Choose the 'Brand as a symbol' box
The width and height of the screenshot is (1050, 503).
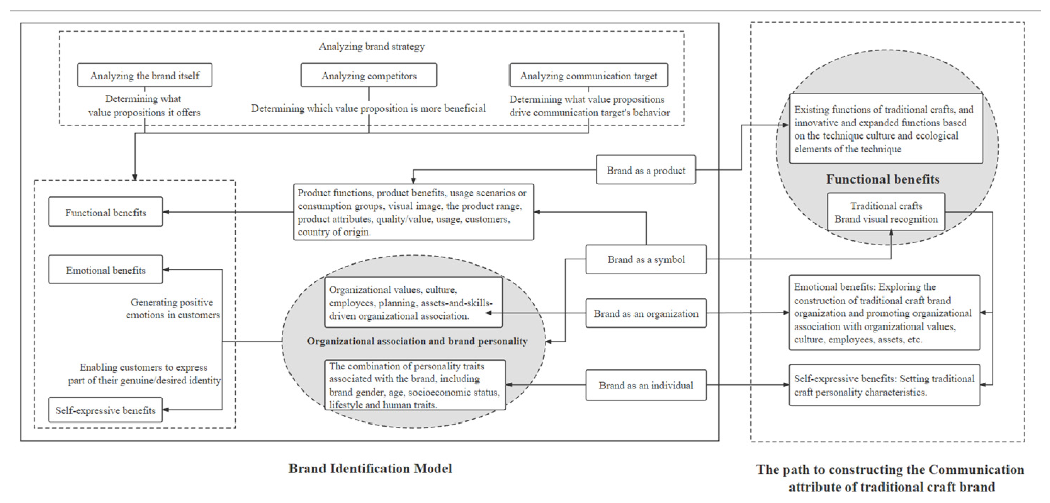click(646, 259)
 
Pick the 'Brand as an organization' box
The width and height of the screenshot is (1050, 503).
click(646, 314)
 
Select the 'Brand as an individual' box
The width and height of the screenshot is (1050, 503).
click(646, 385)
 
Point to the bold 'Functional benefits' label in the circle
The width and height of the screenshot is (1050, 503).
click(883, 179)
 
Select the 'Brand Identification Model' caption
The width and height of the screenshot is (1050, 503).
click(370, 468)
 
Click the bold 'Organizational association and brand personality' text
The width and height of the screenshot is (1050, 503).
click(417, 341)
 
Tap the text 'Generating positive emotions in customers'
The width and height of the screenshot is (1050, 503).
click(172, 309)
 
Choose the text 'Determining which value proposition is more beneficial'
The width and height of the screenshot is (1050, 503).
click(368, 108)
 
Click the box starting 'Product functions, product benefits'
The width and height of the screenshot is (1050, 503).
click(413, 212)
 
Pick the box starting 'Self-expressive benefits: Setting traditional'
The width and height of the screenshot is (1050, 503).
click(884, 385)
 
